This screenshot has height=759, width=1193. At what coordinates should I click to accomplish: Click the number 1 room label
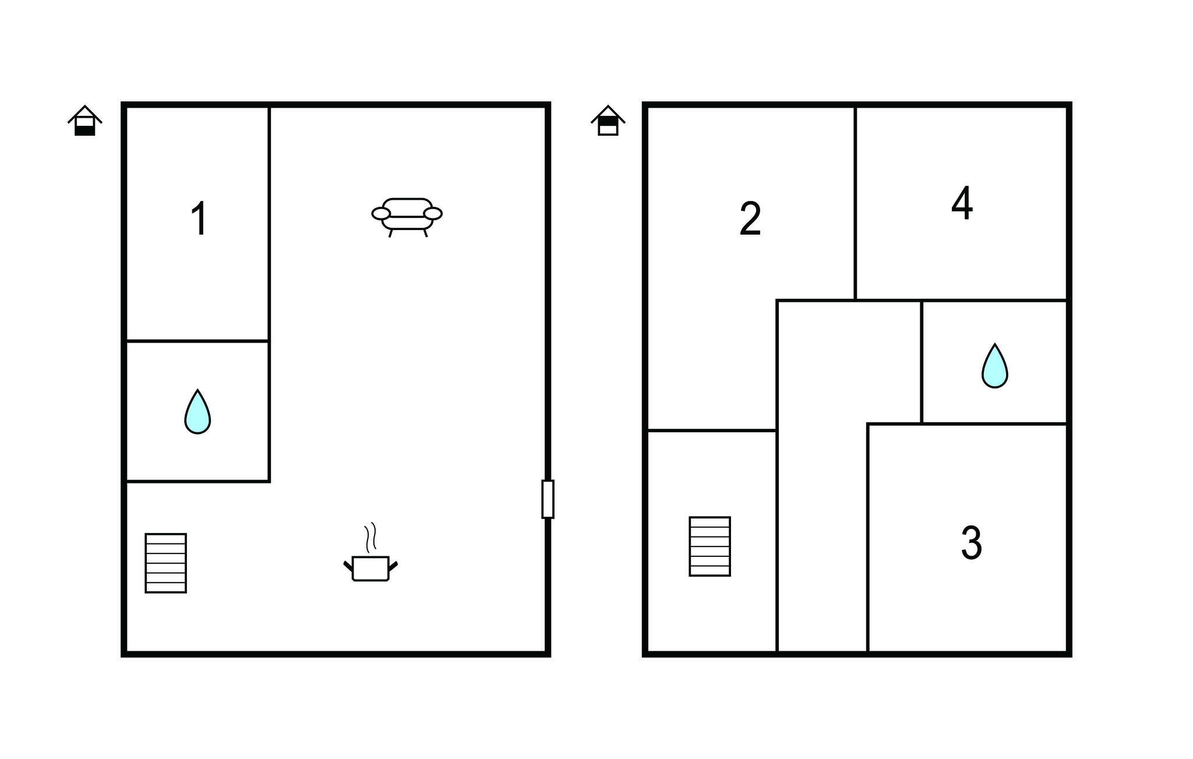point(200,218)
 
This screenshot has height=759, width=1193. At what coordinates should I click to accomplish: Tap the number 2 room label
point(750,220)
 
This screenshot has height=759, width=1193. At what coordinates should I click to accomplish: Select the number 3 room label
point(971,543)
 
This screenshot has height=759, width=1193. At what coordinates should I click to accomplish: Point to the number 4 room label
point(962,203)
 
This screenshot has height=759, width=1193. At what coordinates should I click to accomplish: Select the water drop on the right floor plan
point(994,366)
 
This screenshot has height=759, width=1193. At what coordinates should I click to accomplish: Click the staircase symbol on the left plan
point(166,563)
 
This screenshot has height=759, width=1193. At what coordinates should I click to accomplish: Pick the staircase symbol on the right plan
point(710,546)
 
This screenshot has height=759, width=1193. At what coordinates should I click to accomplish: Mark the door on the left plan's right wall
point(548,499)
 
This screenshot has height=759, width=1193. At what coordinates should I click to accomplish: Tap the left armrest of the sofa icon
point(381,214)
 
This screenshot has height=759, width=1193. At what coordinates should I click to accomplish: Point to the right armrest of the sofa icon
point(433,214)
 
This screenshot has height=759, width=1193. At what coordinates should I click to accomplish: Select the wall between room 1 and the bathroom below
point(197,341)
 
